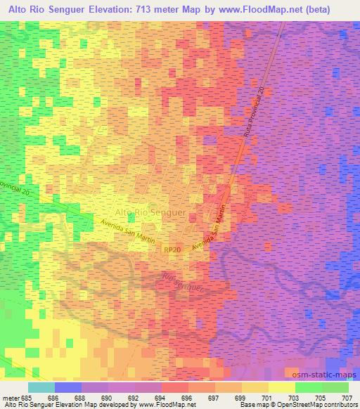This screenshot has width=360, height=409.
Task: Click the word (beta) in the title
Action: tap(337, 8)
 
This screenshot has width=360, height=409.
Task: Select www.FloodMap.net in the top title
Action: tap(282, 8)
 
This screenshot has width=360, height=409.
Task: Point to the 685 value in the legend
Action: tap(28, 396)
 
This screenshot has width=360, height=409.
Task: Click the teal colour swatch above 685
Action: tap(41, 387)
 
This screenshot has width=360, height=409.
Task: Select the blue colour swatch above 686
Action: tap(67, 387)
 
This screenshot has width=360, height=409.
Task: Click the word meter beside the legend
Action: tap(11, 396)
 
